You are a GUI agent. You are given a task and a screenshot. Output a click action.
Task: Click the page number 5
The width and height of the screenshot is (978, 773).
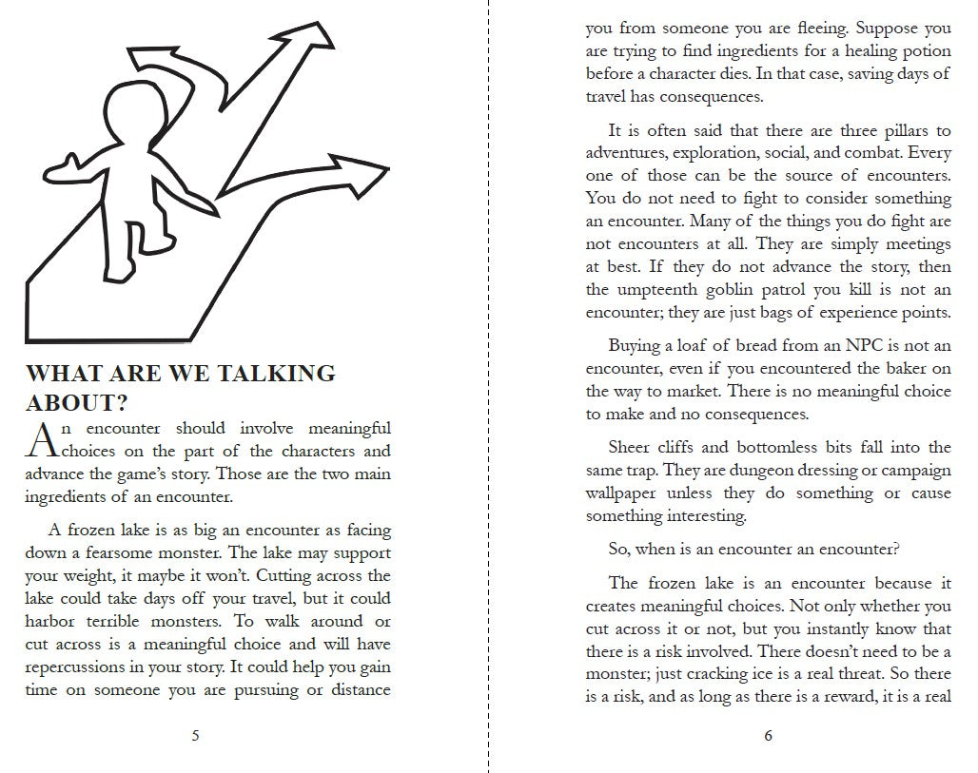195,735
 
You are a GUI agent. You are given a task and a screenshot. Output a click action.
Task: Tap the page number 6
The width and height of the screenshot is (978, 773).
768,735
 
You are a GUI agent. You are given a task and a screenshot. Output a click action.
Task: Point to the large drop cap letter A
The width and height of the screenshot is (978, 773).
44,439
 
